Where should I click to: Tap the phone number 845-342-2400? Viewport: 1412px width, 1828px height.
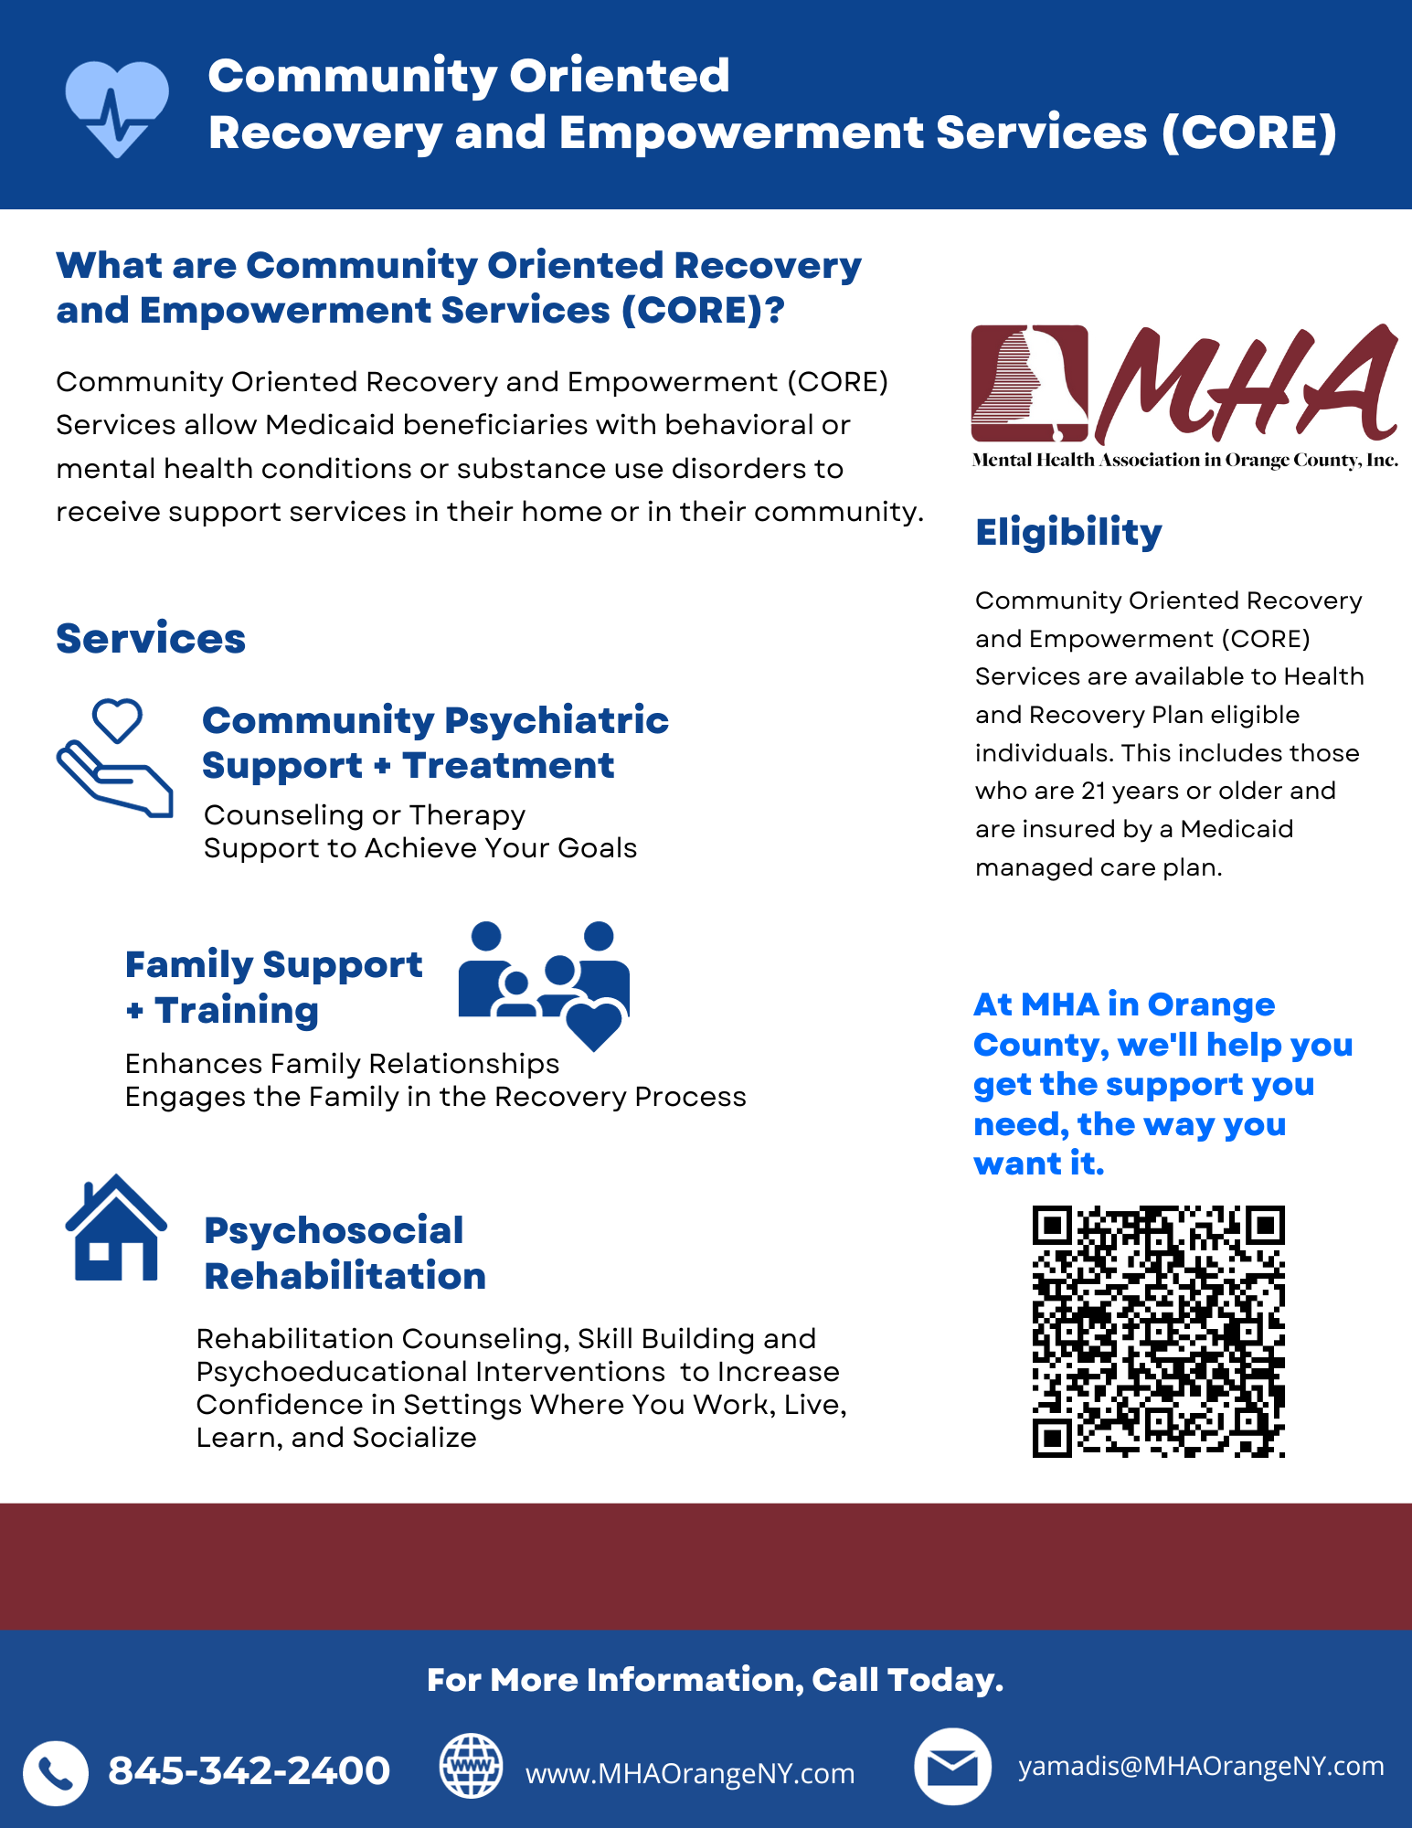(x=249, y=1770)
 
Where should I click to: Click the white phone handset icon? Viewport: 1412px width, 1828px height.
(x=56, y=1773)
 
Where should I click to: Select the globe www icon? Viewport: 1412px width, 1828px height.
(x=471, y=1766)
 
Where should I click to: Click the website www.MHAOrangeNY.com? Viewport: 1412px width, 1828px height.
(x=690, y=1773)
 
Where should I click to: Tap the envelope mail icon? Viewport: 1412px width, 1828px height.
(x=952, y=1767)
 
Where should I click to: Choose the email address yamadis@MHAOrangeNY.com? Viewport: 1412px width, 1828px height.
(x=1201, y=1766)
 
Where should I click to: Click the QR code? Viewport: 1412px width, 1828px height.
(x=1158, y=1331)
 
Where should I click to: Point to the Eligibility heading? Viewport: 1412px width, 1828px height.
(x=1068, y=532)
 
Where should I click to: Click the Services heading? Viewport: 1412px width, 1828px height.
(x=151, y=638)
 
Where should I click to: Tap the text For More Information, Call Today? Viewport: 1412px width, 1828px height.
(x=715, y=1680)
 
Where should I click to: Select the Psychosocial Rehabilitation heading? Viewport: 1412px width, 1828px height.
(x=345, y=1253)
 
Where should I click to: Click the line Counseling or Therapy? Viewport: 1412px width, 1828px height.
(x=365, y=814)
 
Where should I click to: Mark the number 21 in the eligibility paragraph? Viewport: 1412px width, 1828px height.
(x=1093, y=791)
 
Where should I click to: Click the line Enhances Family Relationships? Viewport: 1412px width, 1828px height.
(x=342, y=1064)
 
